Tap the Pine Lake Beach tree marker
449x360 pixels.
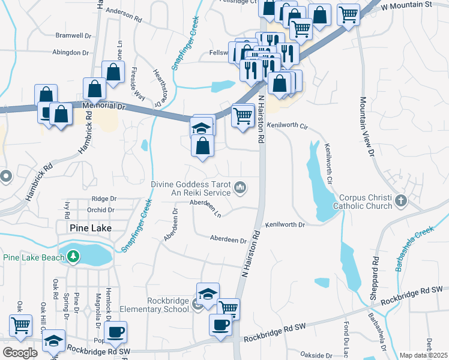coord(73,257)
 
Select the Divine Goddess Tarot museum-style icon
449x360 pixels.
coord(240,188)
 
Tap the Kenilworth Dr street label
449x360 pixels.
coord(286,224)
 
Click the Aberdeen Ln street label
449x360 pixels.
coord(205,208)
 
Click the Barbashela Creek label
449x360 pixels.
coord(415,248)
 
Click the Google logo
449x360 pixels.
coord(20,353)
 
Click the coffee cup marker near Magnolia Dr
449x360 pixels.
coord(115,331)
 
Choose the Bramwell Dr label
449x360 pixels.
coord(72,36)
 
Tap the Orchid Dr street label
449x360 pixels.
coord(100,210)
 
